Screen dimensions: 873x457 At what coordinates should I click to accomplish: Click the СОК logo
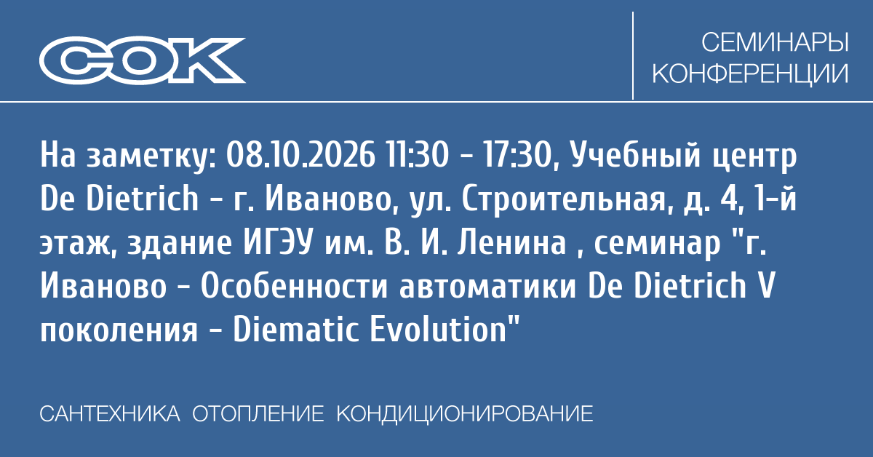[143, 60]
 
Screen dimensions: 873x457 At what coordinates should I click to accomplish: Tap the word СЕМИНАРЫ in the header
[775, 42]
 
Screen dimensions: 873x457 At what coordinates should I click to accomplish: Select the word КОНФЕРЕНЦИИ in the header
[750, 73]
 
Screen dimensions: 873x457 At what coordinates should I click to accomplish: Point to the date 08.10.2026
[300, 156]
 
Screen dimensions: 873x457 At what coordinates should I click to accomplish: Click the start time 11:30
[417, 156]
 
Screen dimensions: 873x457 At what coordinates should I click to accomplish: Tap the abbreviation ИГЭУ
[278, 243]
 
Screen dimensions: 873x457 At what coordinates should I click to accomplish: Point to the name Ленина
[511, 243]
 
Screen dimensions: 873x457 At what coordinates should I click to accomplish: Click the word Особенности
[294, 287]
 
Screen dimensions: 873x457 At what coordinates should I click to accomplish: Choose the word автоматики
[488, 287]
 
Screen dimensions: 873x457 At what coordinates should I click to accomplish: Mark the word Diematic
[295, 330]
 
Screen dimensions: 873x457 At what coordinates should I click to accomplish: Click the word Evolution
[438, 330]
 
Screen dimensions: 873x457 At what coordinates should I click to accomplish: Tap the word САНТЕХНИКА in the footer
[110, 414]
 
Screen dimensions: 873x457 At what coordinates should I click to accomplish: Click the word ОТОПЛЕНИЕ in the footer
[258, 414]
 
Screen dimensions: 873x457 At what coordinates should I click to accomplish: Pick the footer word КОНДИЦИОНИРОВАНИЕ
[465, 414]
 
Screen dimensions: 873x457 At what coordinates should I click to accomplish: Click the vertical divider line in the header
[632, 55]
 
